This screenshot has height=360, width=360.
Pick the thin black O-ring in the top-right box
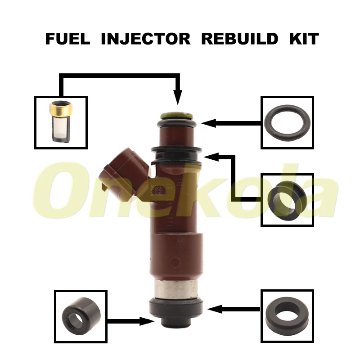click(287, 122)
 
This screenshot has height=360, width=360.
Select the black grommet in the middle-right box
click(287, 198)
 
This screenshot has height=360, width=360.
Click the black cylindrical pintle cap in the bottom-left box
click(81, 315)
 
